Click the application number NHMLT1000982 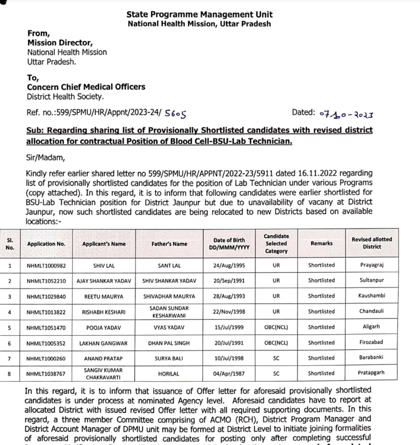[x=46, y=266]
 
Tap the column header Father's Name [x=173, y=244]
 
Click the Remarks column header [x=321, y=244]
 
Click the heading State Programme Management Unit [x=199, y=14]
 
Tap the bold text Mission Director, [x=60, y=43]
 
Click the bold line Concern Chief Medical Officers [x=86, y=87]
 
